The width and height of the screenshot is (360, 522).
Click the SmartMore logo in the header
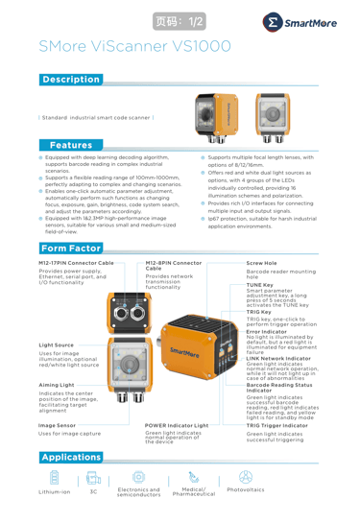pyautogui.click(x=300, y=23)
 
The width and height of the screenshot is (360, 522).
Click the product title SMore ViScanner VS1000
pyautogui.click(x=134, y=46)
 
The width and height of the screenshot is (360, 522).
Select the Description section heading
pyautogui.click(x=71, y=80)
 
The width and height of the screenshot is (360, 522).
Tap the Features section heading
pyautogui.click(x=71, y=145)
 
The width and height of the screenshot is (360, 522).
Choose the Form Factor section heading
pyautogui.click(x=71, y=248)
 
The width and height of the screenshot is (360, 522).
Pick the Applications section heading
pyautogui.click(x=71, y=457)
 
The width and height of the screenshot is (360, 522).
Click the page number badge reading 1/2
pyautogui.click(x=180, y=21)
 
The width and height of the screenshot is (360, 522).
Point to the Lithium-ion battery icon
pyautogui.click(x=55, y=477)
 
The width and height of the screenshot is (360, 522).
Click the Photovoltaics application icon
pyautogui.click(x=246, y=477)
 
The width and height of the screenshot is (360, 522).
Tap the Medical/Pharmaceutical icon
pyautogui.click(x=194, y=477)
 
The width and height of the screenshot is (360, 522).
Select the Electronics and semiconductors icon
pyautogui.click(x=138, y=477)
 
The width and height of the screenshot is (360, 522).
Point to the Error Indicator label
pyautogui.click(x=267, y=332)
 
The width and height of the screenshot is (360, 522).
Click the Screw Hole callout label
pyautogui.click(x=261, y=263)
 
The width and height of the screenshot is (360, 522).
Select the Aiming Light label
pyautogui.click(x=57, y=385)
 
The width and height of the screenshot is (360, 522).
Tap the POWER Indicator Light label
pyautogui.click(x=177, y=425)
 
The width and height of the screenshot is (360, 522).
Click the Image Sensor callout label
pyautogui.click(x=57, y=425)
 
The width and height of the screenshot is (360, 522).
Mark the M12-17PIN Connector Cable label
pyautogui.click(x=76, y=263)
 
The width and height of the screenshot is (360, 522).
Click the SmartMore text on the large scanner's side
pyautogui.click(x=184, y=352)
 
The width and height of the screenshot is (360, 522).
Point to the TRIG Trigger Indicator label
pyautogui.click(x=277, y=425)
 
